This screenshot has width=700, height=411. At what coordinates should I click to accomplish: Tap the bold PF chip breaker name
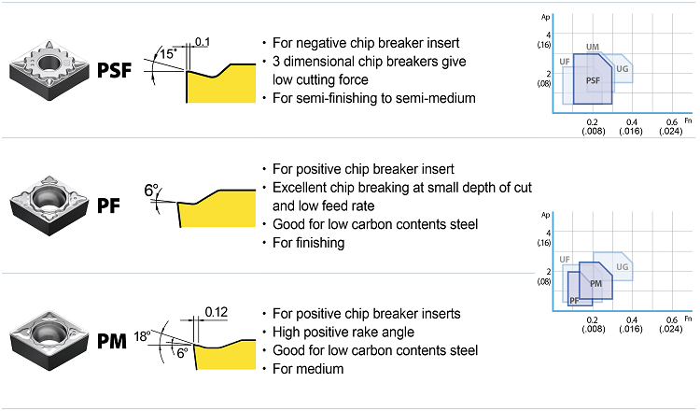click(109, 205)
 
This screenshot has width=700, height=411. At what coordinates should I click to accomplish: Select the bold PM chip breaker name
click(113, 341)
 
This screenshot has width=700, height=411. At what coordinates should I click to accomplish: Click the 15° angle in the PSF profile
click(168, 54)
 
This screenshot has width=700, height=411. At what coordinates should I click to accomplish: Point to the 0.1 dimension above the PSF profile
click(203, 41)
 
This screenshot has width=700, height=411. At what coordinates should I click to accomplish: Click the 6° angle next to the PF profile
click(152, 191)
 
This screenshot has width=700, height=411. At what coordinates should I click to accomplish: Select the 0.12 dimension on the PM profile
click(216, 310)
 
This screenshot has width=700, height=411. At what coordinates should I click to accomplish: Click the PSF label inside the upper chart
click(593, 81)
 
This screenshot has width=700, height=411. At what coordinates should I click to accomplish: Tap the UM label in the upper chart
click(593, 47)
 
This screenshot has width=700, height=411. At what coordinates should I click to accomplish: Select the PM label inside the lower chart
click(595, 283)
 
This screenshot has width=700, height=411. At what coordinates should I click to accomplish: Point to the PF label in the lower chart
click(574, 300)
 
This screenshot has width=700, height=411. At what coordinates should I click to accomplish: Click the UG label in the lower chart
click(623, 267)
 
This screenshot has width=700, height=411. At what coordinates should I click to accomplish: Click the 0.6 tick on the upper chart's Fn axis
click(672, 122)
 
